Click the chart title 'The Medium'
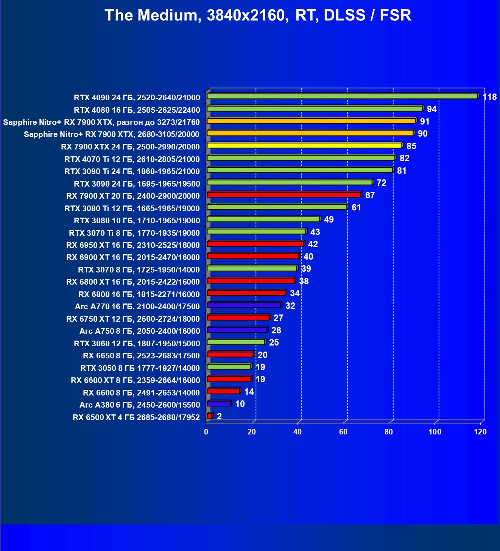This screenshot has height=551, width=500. click(x=258, y=15)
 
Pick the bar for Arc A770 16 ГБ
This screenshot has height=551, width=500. click(x=244, y=305)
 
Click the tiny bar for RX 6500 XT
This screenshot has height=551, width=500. click(x=209, y=416)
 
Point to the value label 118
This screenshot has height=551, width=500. click(x=489, y=97)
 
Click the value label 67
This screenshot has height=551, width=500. click(x=370, y=195)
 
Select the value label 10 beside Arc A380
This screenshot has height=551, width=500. click(x=240, y=404)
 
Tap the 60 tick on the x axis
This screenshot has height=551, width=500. click(x=343, y=432)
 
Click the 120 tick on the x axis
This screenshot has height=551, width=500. click(x=480, y=432)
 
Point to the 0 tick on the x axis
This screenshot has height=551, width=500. click(x=206, y=432)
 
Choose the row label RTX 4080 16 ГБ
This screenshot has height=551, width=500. click(x=137, y=110)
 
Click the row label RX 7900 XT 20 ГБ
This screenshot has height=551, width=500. click(x=133, y=196)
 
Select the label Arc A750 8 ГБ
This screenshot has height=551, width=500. click(x=140, y=331)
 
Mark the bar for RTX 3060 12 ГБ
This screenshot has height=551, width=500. click(x=235, y=342)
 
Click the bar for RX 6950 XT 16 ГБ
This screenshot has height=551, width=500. click(x=255, y=244)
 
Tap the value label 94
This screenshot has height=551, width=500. click(x=431, y=109)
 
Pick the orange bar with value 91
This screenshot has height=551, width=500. click(x=311, y=121)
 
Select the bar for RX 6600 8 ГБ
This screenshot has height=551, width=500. click(x=223, y=391)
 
